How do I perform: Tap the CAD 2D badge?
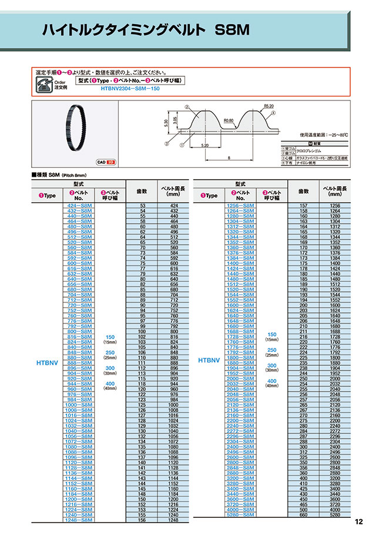pyautogui.click(x=106, y=161)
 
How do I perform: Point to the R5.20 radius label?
pyautogui.click(x=269, y=106)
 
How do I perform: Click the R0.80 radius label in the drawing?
pyautogui.click(x=229, y=121)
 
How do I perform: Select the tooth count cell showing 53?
pyautogui.click(x=142, y=206)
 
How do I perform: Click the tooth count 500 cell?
pyautogui.click(x=303, y=511)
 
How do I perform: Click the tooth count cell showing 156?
pyautogui.click(x=142, y=520)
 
